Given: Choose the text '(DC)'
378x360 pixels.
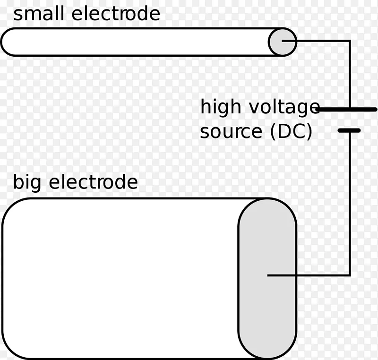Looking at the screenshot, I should click(x=291, y=132).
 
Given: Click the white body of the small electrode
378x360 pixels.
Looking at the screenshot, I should click(x=137, y=42).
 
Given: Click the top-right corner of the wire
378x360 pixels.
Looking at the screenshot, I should click(x=350, y=41).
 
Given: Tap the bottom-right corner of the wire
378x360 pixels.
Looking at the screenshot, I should click(x=350, y=275).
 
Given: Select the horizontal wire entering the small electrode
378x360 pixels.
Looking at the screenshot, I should click(x=321, y=41).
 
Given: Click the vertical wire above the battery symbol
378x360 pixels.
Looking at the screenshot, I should click(x=350, y=76).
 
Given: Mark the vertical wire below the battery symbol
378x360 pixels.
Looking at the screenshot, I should click(x=350, y=203).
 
